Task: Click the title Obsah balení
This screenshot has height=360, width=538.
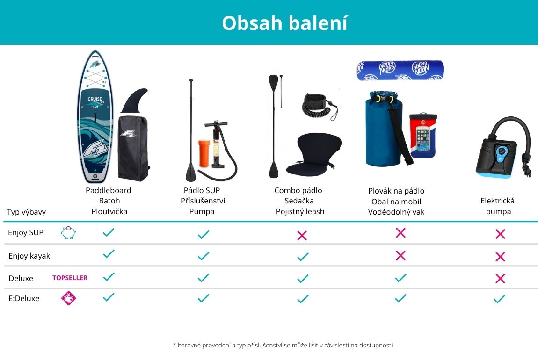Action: coord(285,23)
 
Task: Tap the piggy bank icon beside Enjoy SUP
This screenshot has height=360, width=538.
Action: coord(68,232)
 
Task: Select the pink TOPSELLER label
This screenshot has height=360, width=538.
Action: coord(70,278)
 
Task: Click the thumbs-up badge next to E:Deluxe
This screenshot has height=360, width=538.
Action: coord(68,298)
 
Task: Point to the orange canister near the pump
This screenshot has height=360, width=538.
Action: coord(204,153)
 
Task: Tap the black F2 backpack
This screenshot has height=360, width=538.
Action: coord(133,148)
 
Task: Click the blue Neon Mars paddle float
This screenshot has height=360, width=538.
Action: coord(400,70)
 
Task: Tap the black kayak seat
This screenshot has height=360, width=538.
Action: coord(313,155)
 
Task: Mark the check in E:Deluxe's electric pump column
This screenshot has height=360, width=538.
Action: coord(500,299)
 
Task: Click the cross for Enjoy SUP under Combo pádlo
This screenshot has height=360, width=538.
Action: coord(302,235)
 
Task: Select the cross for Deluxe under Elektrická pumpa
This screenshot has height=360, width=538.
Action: coord(500,278)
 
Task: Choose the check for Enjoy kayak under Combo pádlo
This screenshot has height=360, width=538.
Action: coord(303,257)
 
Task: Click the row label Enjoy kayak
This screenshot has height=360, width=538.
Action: coord(29,256)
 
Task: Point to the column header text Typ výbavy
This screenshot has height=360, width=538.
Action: coord(26,212)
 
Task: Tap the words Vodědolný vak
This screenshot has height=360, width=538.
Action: coord(396,212)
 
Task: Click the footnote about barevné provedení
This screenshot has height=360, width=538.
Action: coord(283,345)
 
